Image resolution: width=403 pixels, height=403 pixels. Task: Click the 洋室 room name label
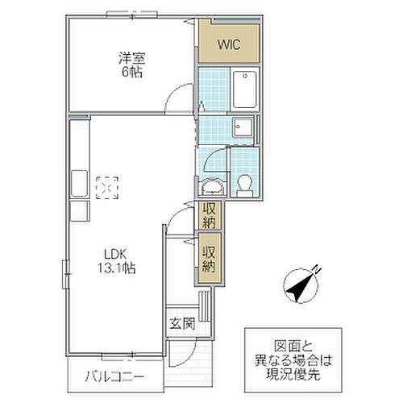click(131, 59)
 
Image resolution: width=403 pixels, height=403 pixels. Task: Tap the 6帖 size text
click(131, 73)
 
